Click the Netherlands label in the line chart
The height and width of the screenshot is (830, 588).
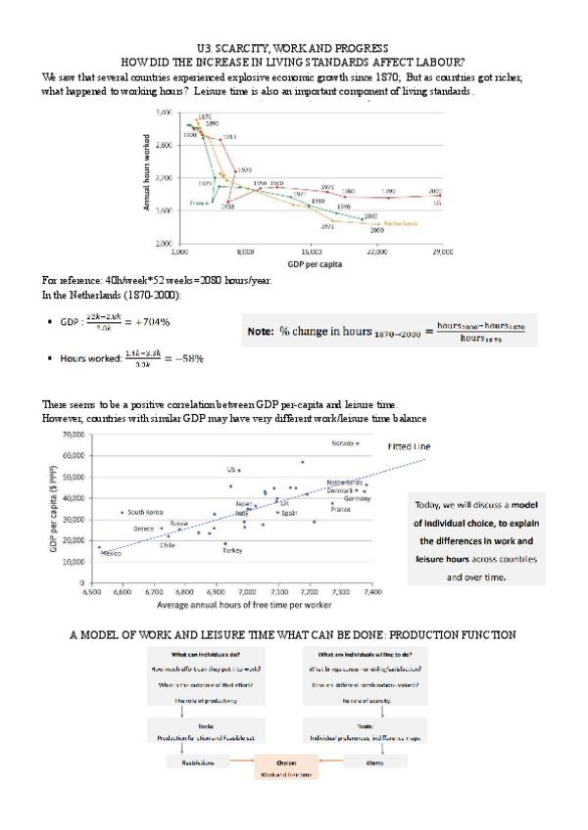coord(404,223)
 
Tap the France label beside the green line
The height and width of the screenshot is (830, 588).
coord(200,203)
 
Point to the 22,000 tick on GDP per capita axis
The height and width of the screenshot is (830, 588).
coord(376,252)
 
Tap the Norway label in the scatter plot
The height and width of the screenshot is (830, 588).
coord(341,443)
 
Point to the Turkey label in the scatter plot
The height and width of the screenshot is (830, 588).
coord(231,551)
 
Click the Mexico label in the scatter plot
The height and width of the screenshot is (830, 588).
coord(111,554)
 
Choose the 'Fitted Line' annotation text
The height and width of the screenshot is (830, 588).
coord(409,446)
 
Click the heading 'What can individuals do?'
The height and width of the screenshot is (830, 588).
coord(205,653)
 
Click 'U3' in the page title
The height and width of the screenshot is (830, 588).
coord(203,48)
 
